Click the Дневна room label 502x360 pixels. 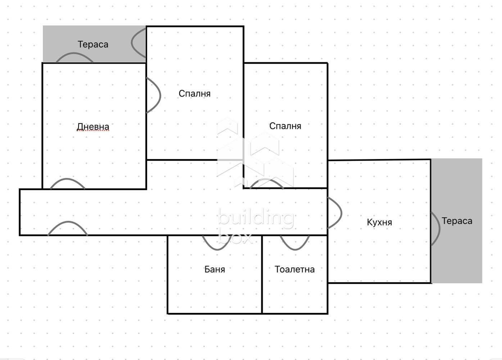93,127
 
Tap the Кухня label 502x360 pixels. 379,222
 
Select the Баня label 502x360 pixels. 214,269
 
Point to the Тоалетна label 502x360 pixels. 294,269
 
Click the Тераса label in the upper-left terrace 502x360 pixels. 93,44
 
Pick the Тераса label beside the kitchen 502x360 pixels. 457,221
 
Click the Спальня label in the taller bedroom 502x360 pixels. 194,94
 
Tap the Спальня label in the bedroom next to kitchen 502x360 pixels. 285,126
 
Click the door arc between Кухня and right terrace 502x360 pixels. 436,229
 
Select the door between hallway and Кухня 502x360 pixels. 335,212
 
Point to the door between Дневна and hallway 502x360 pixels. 68,183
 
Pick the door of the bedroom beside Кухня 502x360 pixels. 267,183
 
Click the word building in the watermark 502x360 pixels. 255,218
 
